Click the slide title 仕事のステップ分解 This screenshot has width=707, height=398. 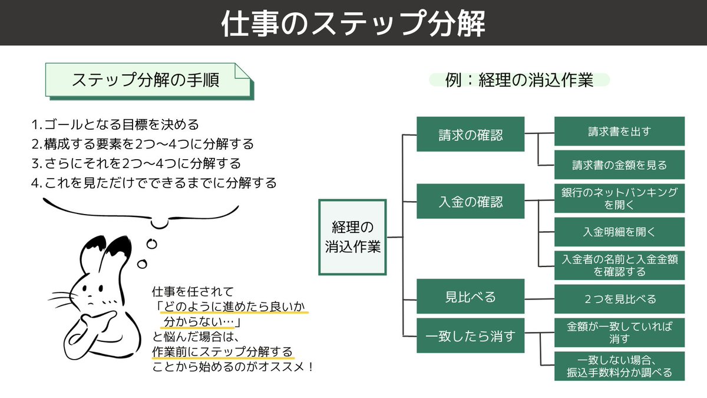click(353, 24)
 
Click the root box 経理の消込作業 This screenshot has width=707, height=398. click(353, 237)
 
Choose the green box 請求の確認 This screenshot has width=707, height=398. click(470, 134)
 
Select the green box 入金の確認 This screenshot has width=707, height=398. click(470, 202)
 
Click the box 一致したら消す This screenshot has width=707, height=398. click(470, 336)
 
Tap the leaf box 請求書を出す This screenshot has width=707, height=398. click(619, 131)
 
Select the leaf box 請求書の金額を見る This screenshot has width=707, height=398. click(619, 165)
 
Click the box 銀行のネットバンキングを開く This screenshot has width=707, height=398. click(619, 199)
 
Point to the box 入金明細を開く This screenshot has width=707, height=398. click(619, 232)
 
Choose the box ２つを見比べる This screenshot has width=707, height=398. click(619, 299)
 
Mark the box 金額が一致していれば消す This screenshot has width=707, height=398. click(619, 332)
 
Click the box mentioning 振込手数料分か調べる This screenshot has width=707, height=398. click(619, 366)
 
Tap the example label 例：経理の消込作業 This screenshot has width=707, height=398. click(519, 80)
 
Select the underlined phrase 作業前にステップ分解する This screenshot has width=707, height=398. click(222, 353)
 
